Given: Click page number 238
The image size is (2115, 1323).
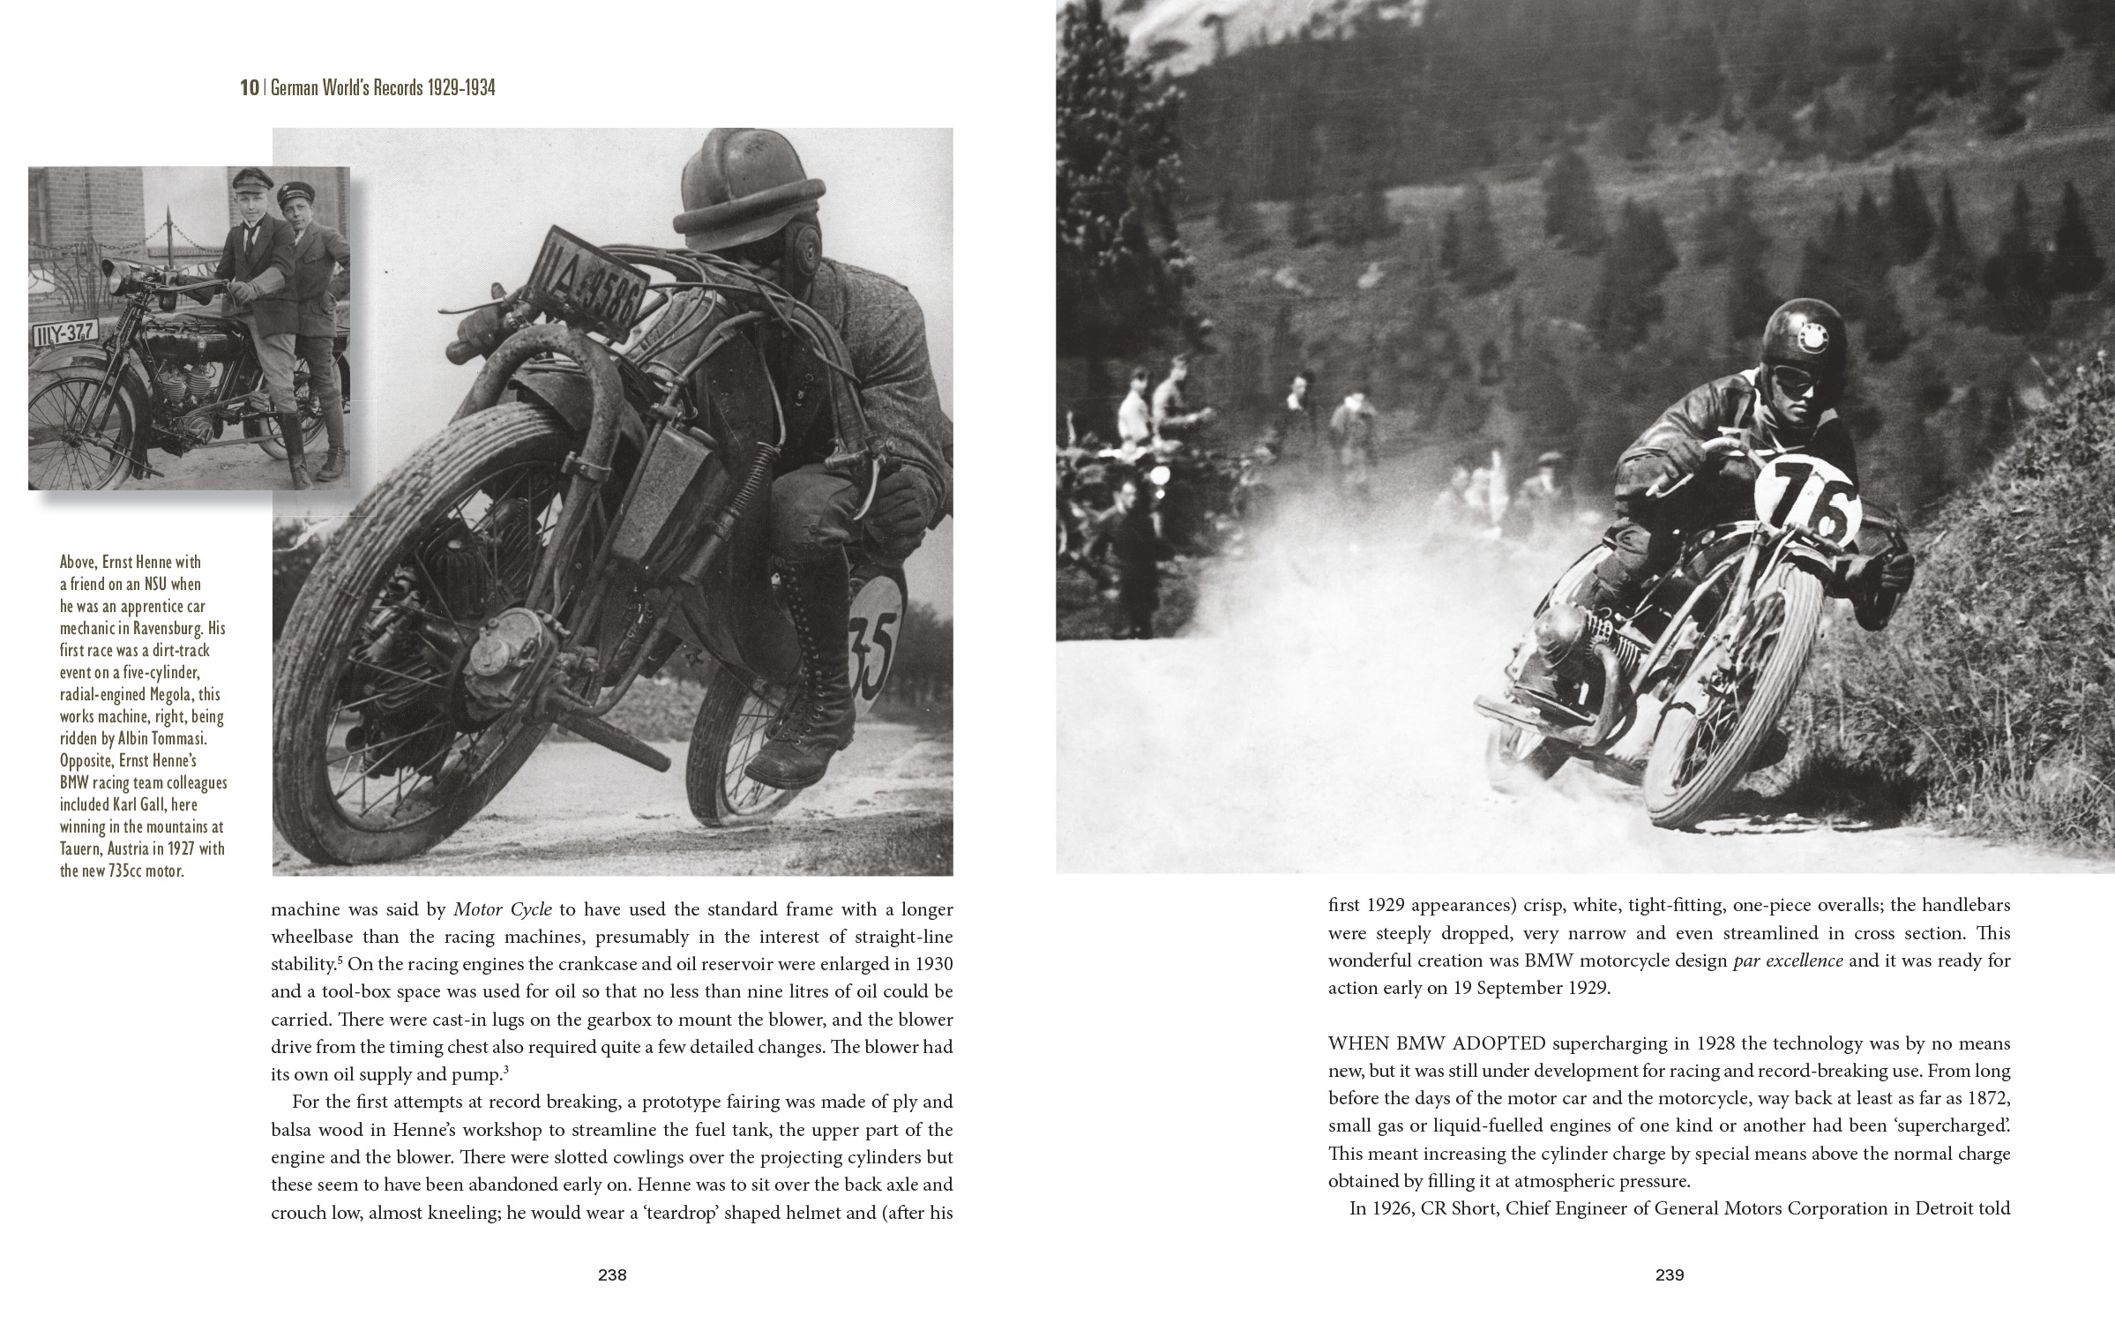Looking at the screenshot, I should click(x=612, y=1274).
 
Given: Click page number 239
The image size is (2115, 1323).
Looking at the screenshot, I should click(x=1670, y=1274).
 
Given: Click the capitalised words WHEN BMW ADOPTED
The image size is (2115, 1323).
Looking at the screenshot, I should click(x=1437, y=1043).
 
